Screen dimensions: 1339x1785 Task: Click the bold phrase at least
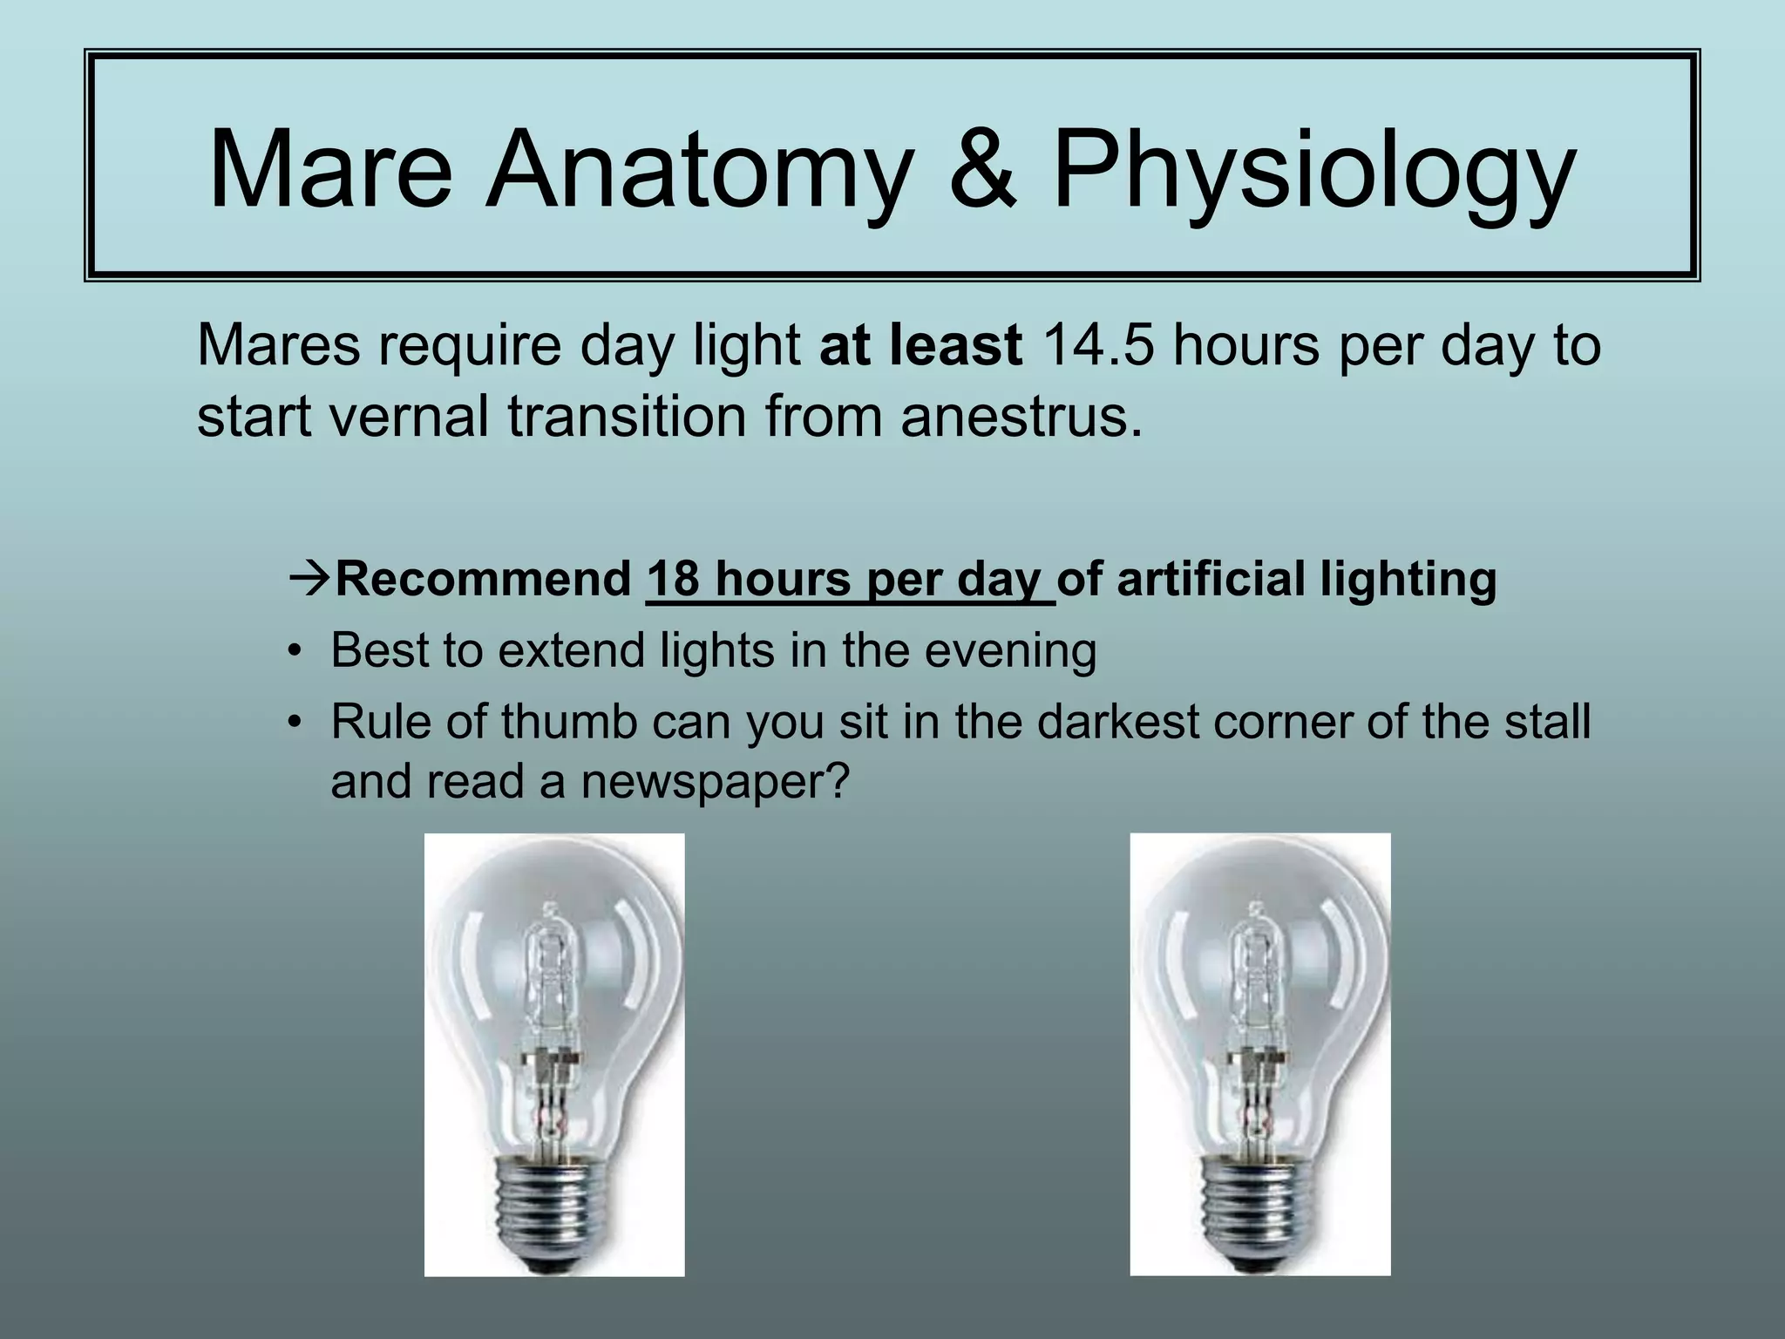(920, 345)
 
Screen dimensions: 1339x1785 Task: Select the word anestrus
(1020, 417)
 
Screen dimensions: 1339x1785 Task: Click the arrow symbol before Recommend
(309, 580)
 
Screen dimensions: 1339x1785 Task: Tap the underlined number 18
(673, 580)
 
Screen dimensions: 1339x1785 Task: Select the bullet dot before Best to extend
(296, 652)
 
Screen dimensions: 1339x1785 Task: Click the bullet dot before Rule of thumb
(296, 724)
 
